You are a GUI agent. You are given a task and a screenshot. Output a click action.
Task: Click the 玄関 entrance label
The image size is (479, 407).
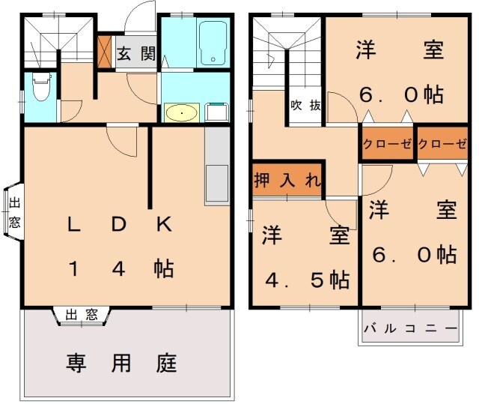135,54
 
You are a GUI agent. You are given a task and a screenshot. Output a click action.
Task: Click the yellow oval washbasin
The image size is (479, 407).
181,113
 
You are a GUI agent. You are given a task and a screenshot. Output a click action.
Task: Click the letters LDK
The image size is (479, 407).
120,224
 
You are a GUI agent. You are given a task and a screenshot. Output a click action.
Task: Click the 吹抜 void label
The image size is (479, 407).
305,106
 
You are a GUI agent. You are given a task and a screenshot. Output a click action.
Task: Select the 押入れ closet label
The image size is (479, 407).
287,180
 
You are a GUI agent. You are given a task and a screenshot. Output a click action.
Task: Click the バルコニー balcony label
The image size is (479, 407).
410,328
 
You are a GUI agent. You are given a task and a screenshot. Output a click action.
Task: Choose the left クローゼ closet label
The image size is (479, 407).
387,145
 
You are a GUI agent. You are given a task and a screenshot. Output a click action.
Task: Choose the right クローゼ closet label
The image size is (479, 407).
442,145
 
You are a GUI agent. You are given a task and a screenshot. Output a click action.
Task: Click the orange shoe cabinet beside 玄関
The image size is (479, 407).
105,49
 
